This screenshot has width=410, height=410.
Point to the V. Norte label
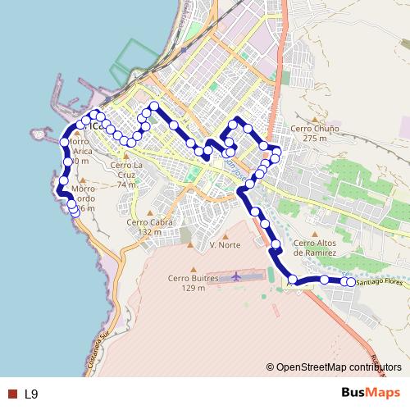225,245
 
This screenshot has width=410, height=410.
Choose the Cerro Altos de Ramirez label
315,248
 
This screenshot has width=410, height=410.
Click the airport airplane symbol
237,276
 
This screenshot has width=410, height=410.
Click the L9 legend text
31,394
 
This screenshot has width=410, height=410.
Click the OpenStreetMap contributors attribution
338,367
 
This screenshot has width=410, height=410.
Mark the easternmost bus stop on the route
351,282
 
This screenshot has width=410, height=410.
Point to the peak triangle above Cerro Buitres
192,268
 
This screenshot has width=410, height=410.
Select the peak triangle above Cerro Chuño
308,118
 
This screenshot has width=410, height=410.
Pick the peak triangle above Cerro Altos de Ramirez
315,232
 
